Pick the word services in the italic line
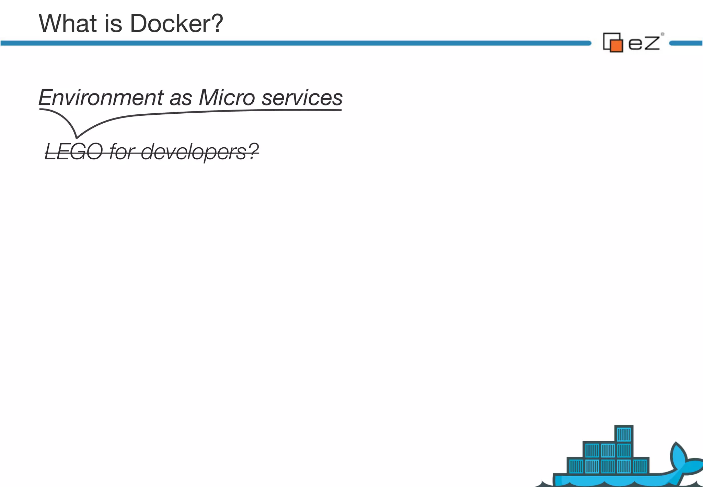click(302, 98)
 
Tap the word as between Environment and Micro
click(181, 98)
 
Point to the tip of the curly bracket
click(77, 137)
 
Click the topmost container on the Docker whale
click(624, 434)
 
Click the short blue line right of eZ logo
click(686, 43)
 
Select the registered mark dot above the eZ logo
click(662, 34)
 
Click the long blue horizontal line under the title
click(295, 43)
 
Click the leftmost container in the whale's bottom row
click(576, 466)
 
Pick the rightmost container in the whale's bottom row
click(640, 466)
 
